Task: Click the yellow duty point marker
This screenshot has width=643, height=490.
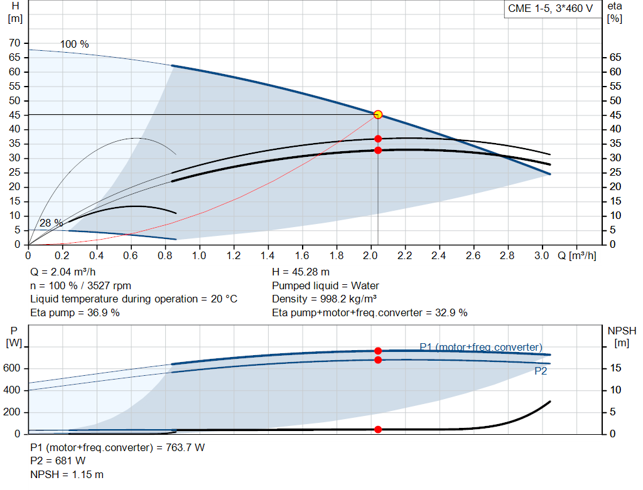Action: click(378, 115)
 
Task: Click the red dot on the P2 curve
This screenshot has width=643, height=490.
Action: click(378, 360)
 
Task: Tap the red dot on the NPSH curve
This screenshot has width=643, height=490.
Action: click(378, 429)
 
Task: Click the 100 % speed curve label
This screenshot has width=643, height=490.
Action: click(74, 45)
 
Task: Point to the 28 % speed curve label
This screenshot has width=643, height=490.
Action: click(51, 223)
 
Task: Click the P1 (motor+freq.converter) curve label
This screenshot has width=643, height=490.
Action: click(480, 348)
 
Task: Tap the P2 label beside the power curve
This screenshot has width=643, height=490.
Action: click(541, 371)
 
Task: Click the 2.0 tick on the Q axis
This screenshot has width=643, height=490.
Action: click(370, 255)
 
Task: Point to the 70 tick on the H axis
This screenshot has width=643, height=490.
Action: click(14, 43)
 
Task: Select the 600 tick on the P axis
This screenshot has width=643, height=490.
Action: click(11, 368)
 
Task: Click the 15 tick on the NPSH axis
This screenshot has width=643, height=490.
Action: click(615, 368)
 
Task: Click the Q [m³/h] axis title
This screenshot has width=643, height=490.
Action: click(577, 255)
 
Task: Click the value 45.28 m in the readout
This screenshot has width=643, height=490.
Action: click(310, 272)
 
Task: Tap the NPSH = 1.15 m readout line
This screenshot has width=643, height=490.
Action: click(67, 475)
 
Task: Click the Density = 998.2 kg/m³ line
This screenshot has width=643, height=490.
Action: click(325, 299)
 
